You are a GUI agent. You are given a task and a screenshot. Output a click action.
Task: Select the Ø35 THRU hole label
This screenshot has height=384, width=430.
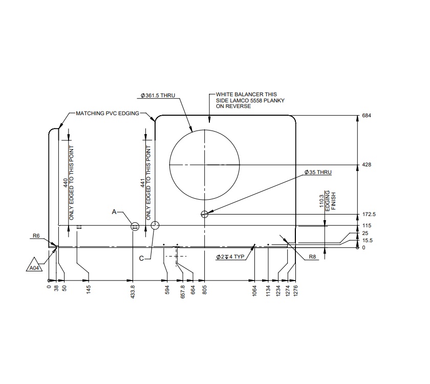317,172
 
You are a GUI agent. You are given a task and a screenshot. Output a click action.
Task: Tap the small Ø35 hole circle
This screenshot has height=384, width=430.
205,215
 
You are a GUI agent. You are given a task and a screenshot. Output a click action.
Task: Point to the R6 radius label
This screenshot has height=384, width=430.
36,236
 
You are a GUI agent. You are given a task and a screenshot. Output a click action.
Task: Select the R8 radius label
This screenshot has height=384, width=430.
313,257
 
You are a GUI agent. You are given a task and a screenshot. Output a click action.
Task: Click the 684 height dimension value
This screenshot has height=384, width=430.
366,116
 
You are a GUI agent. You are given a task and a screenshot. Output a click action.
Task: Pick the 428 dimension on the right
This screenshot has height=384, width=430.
366,165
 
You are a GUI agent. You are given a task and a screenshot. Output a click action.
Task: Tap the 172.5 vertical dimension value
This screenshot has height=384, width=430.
369,214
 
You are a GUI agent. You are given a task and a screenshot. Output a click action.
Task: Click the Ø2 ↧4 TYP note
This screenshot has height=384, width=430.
229,256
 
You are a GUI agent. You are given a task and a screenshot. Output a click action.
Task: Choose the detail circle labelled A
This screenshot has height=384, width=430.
135,226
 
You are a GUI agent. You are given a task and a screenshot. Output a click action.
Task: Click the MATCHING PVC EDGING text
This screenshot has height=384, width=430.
107,113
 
